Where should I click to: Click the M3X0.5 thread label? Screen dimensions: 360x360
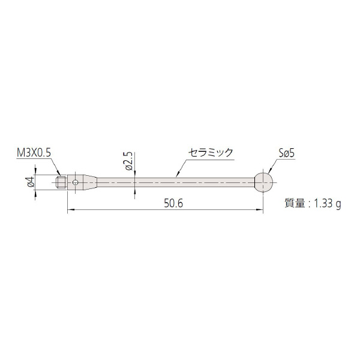[34, 152]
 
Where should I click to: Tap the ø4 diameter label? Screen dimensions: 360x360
[31, 182]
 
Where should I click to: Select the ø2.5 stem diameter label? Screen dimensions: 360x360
[129, 161]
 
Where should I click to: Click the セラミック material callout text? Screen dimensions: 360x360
[211, 152]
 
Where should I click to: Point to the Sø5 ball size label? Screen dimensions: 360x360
[286, 153]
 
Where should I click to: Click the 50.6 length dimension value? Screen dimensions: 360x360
[173, 203]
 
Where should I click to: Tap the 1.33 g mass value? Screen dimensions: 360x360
[327, 204]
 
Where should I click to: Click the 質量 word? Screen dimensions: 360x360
[295, 203]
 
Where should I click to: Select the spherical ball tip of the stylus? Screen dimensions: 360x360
[263, 182]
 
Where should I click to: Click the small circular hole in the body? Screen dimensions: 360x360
[75, 182]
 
